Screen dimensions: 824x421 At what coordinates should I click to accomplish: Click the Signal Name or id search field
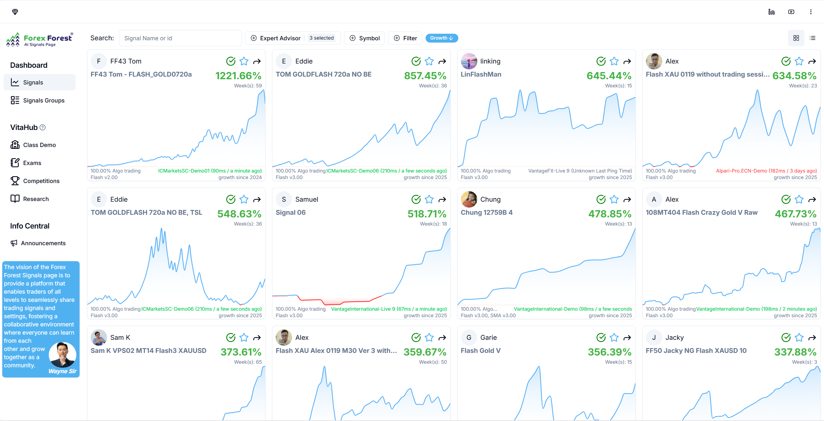(x=180, y=38)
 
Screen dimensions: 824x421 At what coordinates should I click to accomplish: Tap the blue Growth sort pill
(x=442, y=38)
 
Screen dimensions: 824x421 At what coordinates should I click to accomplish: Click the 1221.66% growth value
(x=238, y=76)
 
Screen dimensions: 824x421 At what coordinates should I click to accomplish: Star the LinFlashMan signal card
(x=614, y=61)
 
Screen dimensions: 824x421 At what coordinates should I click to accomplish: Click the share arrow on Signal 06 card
(x=442, y=199)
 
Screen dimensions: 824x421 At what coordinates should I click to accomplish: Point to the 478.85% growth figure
(x=610, y=214)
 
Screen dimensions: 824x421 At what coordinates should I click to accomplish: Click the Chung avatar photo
(x=469, y=199)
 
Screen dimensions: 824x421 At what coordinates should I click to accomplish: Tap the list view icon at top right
(x=813, y=38)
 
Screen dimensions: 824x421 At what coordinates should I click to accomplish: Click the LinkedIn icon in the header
(x=772, y=12)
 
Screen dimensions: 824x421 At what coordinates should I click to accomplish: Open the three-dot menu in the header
(x=811, y=12)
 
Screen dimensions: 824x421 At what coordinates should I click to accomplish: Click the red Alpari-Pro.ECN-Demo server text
(x=766, y=171)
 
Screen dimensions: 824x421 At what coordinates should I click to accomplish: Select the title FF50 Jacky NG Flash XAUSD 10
(x=696, y=351)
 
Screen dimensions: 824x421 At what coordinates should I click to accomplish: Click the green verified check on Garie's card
(x=601, y=338)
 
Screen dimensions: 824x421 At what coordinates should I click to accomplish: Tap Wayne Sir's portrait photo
(x=63, y=355)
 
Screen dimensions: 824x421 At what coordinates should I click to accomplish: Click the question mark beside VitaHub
(x=43, y=127)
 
